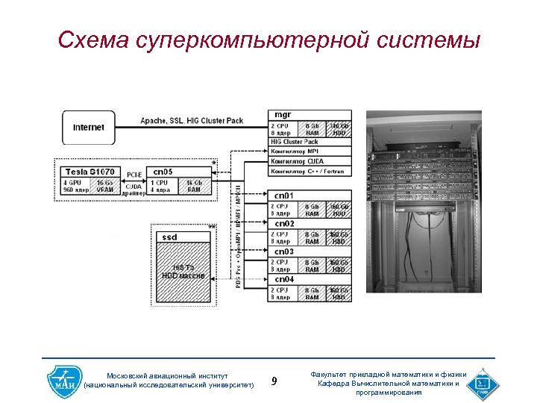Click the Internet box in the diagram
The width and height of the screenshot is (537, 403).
(x=89, y=128)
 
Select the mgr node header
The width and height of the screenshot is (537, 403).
(x=284, y=115)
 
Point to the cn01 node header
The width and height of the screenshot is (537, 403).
(x=285, y=196)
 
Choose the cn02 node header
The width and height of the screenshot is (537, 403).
(x=285, y=224)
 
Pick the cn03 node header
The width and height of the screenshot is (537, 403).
(x=285, y=252)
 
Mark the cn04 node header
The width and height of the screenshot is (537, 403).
(x=285, y=280)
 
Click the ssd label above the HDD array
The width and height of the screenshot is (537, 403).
(x=170, y=237)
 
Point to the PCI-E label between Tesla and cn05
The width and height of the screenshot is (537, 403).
(x=134, y=174)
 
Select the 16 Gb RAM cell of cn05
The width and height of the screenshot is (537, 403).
(x=193, y=186)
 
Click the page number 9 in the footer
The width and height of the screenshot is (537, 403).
(x=274, y=381)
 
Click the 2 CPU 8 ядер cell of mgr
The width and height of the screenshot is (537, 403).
(x=283, y=129)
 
